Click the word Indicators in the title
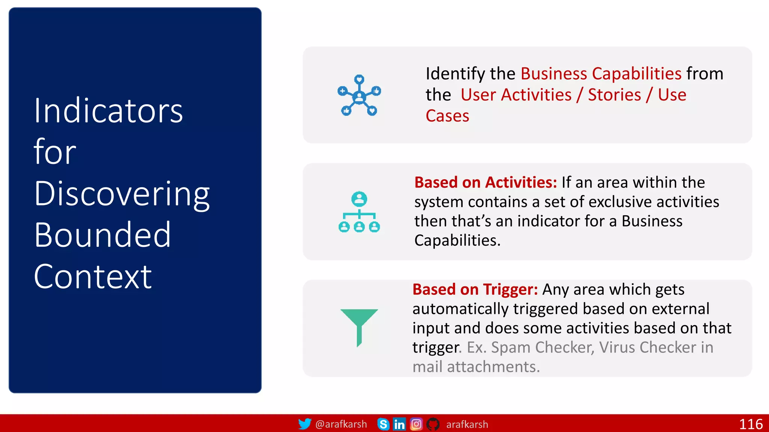108,111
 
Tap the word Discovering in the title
122,194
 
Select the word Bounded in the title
103,235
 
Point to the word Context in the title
93,277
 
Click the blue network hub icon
359,95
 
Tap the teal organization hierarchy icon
359,212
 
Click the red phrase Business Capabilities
601,73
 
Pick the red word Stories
614,95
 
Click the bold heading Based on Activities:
486,183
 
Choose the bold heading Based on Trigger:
475,289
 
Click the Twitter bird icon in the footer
305,424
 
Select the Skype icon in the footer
383,424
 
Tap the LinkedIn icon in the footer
399,424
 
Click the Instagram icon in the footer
416,424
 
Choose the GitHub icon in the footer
433,424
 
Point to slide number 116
751,424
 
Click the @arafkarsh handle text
341,424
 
